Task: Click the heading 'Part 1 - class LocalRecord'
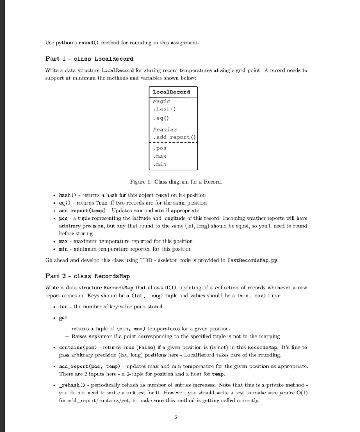point(89,59)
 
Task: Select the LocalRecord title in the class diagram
point(171,92)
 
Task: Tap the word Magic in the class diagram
point(161,101)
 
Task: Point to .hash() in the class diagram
point(164,108)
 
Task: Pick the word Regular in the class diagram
point(164,130)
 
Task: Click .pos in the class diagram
point(160,148)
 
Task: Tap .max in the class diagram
point(160,156)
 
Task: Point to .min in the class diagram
point(160,164)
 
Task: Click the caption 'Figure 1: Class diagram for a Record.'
point(176,182)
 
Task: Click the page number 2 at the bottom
point(176,417)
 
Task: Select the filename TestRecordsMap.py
point(253,260)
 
